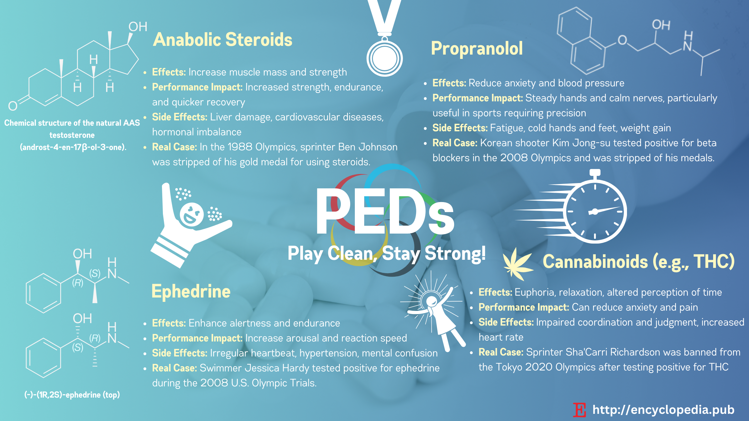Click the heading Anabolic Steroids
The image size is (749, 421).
(x=223, y=40)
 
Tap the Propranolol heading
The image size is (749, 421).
(x=477, y=49)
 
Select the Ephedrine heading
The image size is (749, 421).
(x=191, y=292)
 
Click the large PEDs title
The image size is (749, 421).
(x=385, y=211)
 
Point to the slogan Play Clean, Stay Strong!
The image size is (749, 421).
(x=387, y=253)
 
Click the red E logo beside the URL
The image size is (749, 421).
(x=580, y=410)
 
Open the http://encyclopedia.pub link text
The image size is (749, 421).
(x=663, y=410)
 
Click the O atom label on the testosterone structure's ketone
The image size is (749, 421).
(x=13, y=106)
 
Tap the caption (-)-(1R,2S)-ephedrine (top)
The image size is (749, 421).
(x=72, y=395)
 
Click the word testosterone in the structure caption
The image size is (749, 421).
(x=72, y=135)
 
